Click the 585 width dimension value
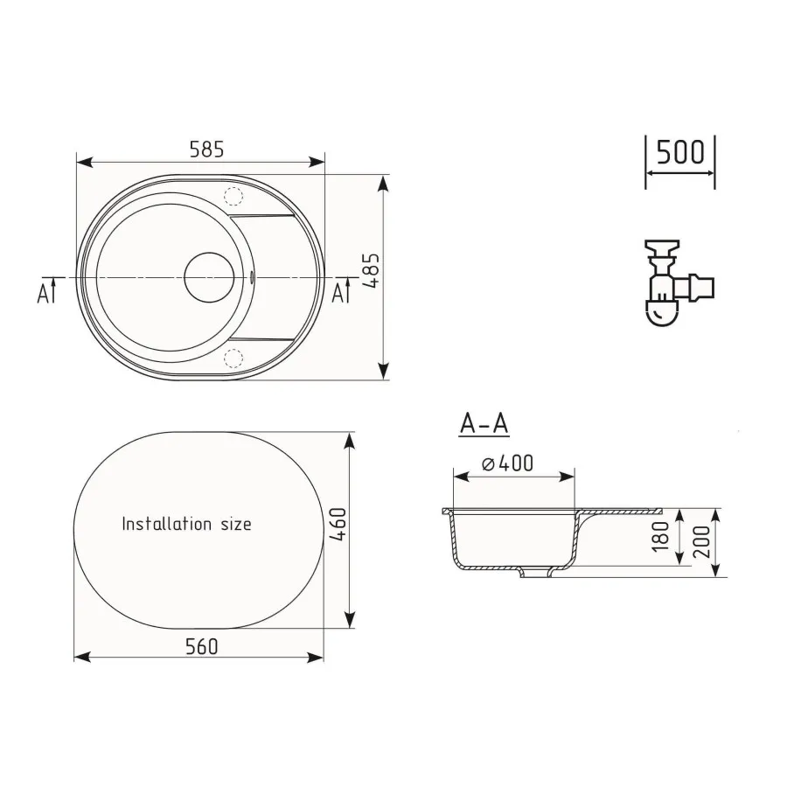coord(207,150)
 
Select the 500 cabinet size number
coord(679,152)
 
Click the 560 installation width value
coord(201,646)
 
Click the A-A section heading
coord(484,424)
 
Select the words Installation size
coord(186,525)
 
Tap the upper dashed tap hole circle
coord(233,196)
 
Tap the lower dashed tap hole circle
coord(233,356)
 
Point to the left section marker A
coord(45,293)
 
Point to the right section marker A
coord(338,293)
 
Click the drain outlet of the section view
coord(534,574)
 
